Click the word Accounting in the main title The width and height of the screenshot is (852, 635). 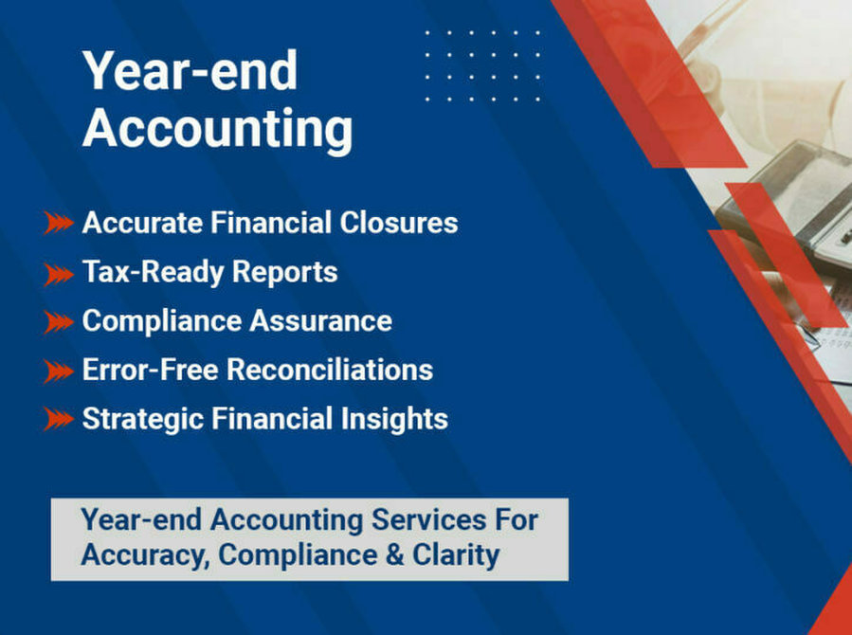pyautogui.click(x=217, y=129)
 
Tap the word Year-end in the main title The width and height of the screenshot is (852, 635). pyautogui.click(x=190, y=71)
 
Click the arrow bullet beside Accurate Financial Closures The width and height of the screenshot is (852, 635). pyautogui.click(x=59, y=224)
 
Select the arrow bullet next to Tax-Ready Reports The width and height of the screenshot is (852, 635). pyautogui.click(x=59, y=274)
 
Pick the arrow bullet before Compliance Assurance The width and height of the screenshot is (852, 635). pyautogui.click(x=59, y=322)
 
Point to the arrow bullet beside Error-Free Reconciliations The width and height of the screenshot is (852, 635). pyautogui.click(x=59, y=372)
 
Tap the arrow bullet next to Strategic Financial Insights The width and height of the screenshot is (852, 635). pyautogui.click(x=59, y=419)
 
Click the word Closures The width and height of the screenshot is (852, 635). pyautogui.click(x=399, y=223)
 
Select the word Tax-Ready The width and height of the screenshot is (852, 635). pyautogui.click(x=153, y=272)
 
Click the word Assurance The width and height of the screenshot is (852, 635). pyautogui.click(x=320, y=320)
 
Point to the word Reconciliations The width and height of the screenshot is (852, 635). pyautogui.click(x=330, y=370)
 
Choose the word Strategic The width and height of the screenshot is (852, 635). pyautogui.click(x=142, y=419)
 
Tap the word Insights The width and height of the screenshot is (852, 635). pyautogui.click(x=394, y=419)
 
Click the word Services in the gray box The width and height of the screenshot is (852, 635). pyautogui.click(x=428, y=519)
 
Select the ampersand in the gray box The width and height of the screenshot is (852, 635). pyautogui.click(x=395, y=555)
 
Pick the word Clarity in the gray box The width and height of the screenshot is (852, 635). pyautogui.click(x=456, y=555)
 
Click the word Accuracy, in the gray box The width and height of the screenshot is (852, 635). pyautogui.click(x=146, y=555)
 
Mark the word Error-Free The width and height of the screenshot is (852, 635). pyautogui.click(x=151, y=370)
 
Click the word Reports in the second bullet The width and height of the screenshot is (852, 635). pyautogui.click(x=284, y=272)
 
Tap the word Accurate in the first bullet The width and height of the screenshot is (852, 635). pyautogui.click(x=142, y=223)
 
